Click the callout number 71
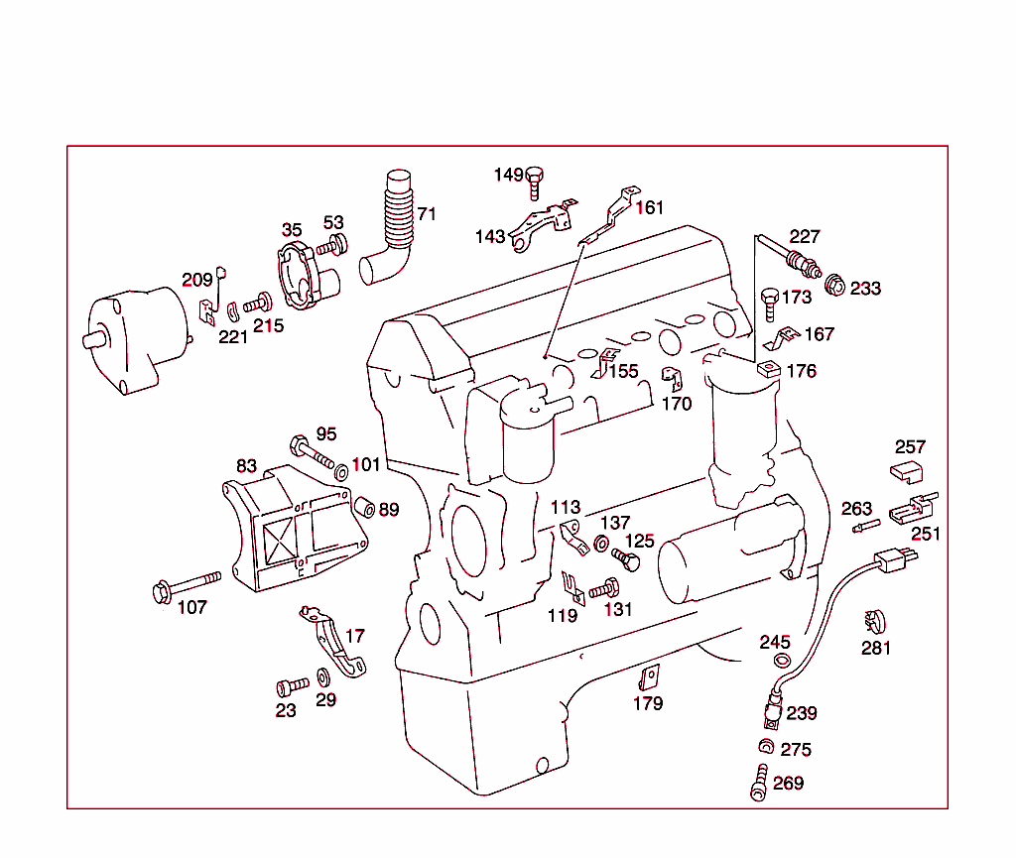pyautogui.click(x=427, y=214)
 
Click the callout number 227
pyautogui.click(x=805, y=236)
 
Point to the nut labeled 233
pyautogui.click(x=835, y=287)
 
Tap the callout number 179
pyautogui.click(x=648, y=703)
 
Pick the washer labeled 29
pyautogui.click(x=323, y=678)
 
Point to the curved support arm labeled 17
pyautogui.click(x=337, y=646)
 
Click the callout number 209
pyautogui.click(x=196, y=279)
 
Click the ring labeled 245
pyautogui.click(x=781, y=663)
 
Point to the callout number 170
pyautogui.click(x=677, y=404)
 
